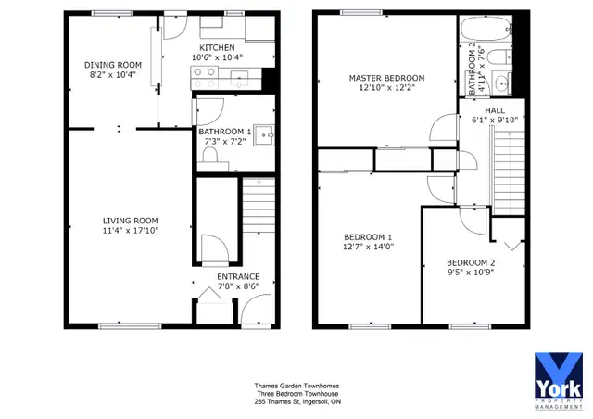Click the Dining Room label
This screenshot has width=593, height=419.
click(113, 65)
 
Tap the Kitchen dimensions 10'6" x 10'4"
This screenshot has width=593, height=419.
click(217, 57)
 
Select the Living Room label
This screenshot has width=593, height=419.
click(131, 221)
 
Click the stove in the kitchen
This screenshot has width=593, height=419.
click(205, 78)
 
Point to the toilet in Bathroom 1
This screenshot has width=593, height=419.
click(210, 156)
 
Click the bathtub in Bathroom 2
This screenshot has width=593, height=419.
click(486, 29)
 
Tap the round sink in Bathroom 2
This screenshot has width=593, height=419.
click(502, 83)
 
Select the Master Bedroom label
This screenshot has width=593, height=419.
click(386, 78)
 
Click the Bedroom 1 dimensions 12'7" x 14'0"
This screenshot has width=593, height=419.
click(369, 247)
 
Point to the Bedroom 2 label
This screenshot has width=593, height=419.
click(471, 262)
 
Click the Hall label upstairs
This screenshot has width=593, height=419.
click(495, 110)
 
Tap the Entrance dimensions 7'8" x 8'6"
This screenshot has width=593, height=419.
click(238, 286)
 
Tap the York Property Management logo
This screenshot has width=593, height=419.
click(559, 381)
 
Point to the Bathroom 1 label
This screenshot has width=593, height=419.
click(224, 132)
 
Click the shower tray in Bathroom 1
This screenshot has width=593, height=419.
click(264, 134)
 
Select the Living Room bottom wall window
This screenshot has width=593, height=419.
click(130, 326)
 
